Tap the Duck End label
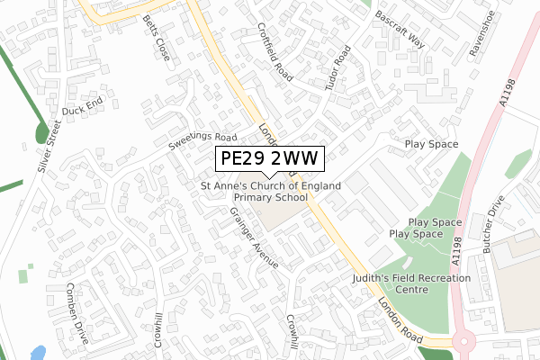tap(83, 109)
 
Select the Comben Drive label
tap(76, 315)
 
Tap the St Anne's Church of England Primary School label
tap(270, 191)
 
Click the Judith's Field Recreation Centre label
tap(411, 284)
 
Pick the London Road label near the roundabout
tap(400, 319)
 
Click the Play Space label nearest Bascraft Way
tap(431, 144)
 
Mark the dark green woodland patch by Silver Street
tap(41, 133)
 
